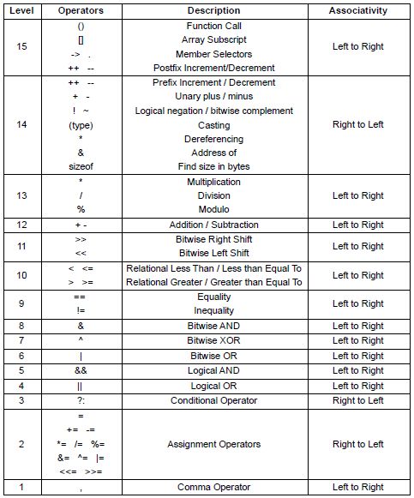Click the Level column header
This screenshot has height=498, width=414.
(x=22, y=11)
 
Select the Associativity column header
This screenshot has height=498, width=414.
(x=358, y=11)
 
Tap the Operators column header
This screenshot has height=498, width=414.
(x=81, y=11)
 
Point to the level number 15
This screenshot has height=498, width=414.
(x=22, y=47)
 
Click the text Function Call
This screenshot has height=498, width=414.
(x=214, y=27)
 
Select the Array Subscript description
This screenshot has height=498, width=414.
(x=214, y=40)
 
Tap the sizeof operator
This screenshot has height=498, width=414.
(x=81, y=167)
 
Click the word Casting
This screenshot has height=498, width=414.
(x=214, y=125)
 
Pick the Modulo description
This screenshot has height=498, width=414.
(x=214, y=209)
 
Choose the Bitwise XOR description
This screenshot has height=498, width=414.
(x=214, y=341)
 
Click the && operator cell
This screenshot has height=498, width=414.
(x=81, y=370)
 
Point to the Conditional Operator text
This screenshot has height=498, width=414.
(x=214, y=400)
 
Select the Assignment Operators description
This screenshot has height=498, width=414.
(x=214, y=444)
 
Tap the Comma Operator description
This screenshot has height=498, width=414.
(x=214, y=487)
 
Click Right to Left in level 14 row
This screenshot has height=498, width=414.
(x=358, y=125)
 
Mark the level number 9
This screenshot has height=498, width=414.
(x=22, y=303)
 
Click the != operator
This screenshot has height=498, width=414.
(x=81, y=311)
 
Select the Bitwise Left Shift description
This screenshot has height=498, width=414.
(x=214, y=254)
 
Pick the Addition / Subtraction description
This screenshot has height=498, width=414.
(x=214, y=225)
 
